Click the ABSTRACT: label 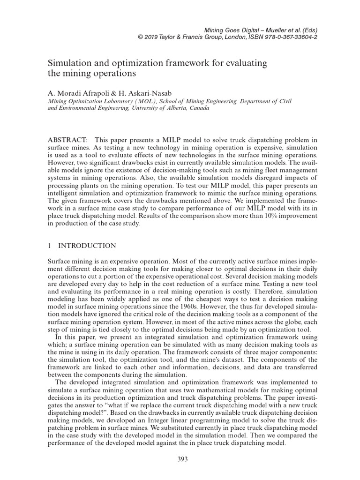[x=67, y=140]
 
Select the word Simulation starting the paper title [x=68, y=63]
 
